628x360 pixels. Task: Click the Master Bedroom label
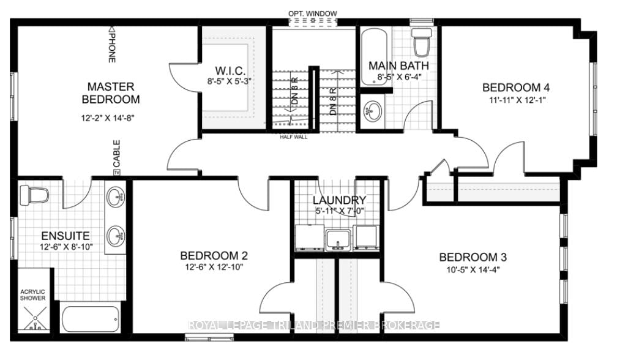pos(110,93)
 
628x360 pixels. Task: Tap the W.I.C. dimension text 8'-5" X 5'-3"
pos(230,81)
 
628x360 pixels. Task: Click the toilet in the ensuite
pos(34,196)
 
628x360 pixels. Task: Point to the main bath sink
pos(372,111)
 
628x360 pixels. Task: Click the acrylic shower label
pos(33,294)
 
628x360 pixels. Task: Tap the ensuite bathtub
pos(90,318)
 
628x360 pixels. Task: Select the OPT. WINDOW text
pos(313,13)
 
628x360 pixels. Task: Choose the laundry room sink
pos(338,238)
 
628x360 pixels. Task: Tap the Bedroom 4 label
pos(511,88)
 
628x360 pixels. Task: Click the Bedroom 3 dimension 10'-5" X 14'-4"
pos(473,270)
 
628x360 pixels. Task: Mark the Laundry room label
pos(339,200)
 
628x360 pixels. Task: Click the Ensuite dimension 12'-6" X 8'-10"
pos(65,247)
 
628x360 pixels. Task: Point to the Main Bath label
pos(398,66)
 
